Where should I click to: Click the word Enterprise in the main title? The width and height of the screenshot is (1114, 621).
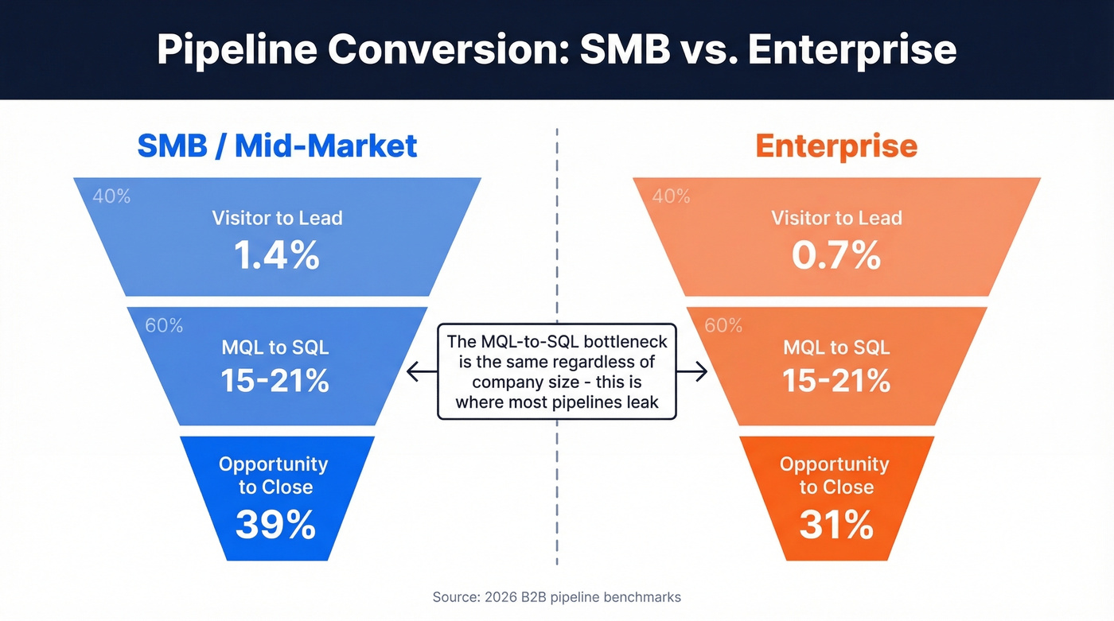[851, 49]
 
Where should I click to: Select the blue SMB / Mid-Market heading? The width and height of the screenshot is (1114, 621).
[277, 146]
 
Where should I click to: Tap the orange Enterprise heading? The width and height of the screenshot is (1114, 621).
[836, 146]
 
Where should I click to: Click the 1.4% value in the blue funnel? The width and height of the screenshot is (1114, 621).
[277, 256]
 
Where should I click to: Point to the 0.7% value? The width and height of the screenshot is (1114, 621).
[836, 256]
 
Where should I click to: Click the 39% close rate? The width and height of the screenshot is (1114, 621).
[275, 525]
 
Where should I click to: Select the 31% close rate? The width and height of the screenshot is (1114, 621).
[836, 525]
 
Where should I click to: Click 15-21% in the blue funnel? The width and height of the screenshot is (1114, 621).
[275, 381]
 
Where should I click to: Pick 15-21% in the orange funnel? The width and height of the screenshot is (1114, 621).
[836, 381]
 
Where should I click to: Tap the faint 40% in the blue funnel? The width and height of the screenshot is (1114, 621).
[111, 196]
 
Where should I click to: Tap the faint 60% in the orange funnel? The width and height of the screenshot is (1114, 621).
[723, 325]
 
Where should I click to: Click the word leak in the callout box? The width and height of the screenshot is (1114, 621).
[643, 402]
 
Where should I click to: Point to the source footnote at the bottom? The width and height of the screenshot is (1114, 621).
[557, 596]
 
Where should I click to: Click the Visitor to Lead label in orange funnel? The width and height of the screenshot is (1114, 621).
[836, 218]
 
